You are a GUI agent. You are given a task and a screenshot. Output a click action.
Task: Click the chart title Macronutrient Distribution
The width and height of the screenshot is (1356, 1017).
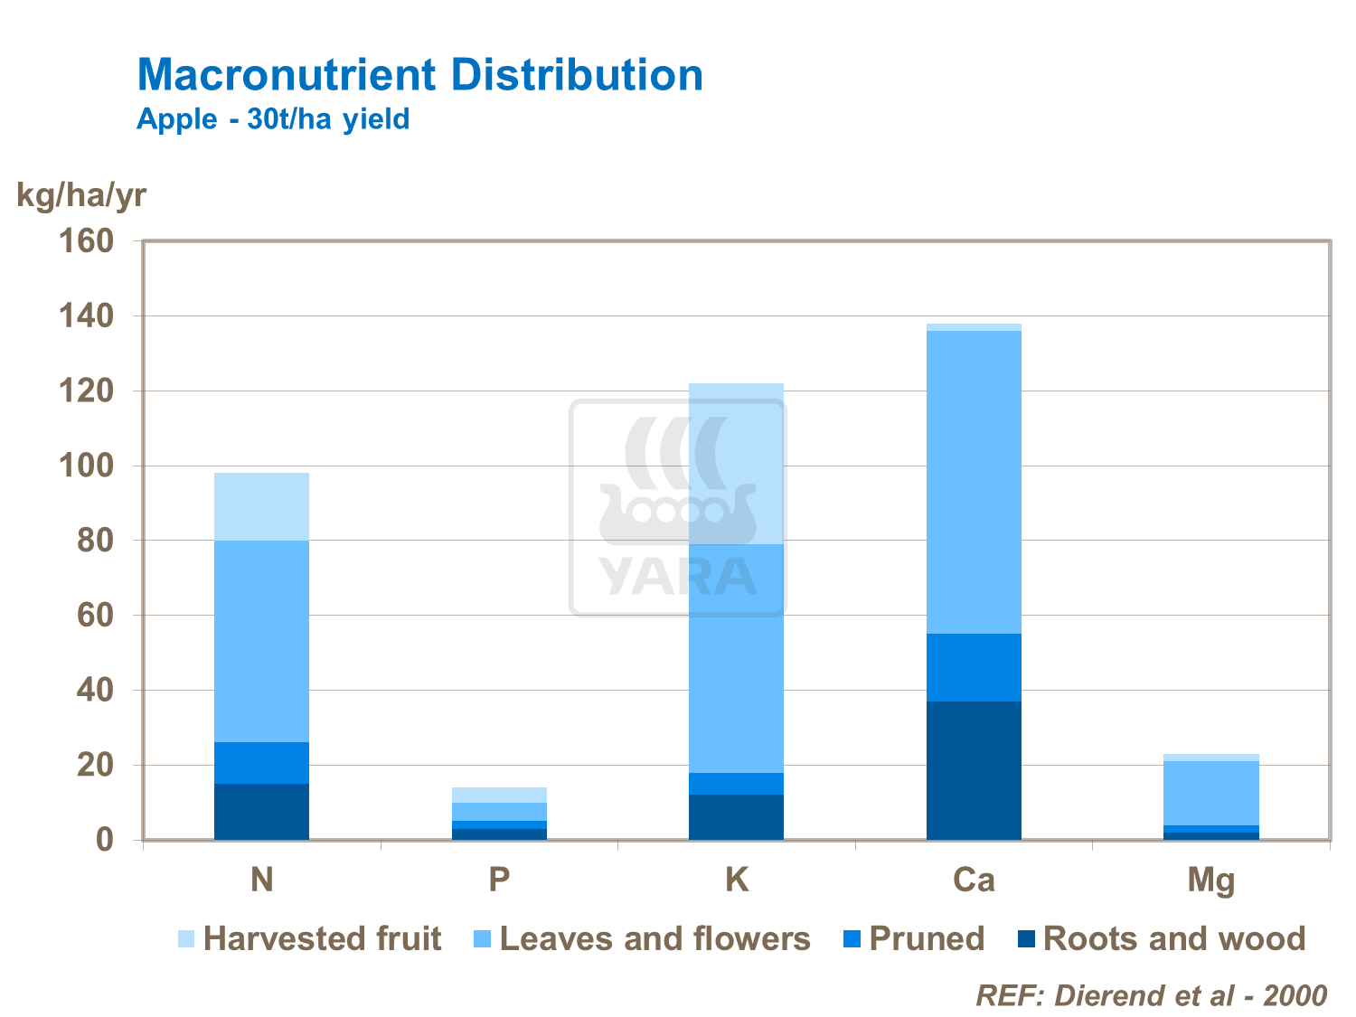[x=419, y=75]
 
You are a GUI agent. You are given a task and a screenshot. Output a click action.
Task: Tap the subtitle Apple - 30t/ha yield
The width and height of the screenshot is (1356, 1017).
[x=273, y=119]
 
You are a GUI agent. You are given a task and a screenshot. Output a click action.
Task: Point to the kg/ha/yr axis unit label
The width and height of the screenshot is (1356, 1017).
[x=80, y=194]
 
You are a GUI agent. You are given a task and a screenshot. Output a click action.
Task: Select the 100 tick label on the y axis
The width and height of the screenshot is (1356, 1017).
[x=86, y=466]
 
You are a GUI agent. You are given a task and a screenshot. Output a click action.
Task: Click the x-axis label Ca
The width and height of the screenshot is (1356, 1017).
[x=974, y=880]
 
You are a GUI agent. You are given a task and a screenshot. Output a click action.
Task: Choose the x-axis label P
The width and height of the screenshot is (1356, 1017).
[x=499, y=880]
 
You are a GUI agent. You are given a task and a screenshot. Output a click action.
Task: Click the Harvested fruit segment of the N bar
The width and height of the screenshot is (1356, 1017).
[x=261, y=506]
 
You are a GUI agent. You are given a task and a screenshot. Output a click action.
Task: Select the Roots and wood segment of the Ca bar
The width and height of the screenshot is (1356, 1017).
[x=974, y=770]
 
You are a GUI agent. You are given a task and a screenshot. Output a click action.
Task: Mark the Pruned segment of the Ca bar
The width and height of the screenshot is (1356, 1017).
[x=974, y=667]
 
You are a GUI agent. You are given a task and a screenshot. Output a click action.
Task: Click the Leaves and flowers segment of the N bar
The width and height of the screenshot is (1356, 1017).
[x=261, y=641]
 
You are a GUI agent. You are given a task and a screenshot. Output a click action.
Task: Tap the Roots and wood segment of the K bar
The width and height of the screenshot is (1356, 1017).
[x=736, y=817]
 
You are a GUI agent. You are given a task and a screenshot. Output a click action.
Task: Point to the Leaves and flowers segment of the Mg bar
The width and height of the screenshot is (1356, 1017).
[x=1210, y=793]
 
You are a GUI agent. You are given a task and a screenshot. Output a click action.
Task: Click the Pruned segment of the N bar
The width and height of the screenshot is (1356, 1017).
[x=261, y=763]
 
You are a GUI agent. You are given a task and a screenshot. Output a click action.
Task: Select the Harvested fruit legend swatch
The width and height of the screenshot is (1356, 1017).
[x=186, y=939]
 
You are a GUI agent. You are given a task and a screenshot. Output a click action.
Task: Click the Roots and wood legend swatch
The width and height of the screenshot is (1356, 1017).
[x=1025, y=939]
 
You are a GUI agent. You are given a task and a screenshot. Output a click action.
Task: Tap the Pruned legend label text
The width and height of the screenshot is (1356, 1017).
[x=926, y=939]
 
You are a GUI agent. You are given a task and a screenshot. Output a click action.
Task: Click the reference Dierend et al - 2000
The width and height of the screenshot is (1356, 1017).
[x=1151, y=995]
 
